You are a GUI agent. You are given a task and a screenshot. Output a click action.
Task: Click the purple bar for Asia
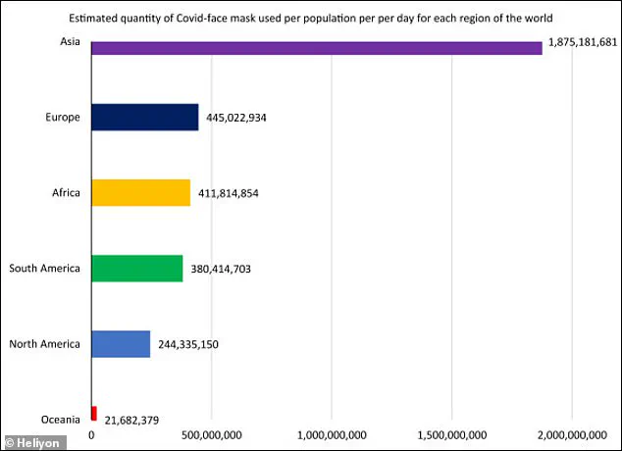click(316, 48)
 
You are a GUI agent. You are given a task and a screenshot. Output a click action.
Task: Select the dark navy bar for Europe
click(144, 118)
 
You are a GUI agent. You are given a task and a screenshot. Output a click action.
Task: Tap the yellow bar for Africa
click(140, 192)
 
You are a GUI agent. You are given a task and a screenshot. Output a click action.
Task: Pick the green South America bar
click(136, 268)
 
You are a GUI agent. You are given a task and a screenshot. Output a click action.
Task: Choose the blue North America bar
click(121, 344)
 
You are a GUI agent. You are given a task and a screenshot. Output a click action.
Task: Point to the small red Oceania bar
click(93, 413)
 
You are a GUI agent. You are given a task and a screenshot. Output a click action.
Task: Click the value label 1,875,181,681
click(582, 44)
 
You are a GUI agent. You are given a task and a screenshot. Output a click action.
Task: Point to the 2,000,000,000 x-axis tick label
click(571, 434)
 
